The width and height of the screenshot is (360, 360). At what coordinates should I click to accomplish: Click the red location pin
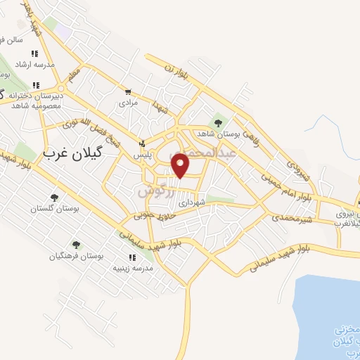(x=181, y=165)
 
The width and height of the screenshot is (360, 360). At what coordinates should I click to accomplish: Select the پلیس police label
(x=143, y=154)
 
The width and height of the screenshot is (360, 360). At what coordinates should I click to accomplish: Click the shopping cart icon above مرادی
(x=127, y=91)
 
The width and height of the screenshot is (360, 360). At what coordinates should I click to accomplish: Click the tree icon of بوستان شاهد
(x=217, y=122)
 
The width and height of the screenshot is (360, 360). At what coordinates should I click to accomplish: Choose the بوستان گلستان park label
(x=55, y=209)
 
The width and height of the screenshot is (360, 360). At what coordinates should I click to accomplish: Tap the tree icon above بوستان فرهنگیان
(x=76, y=245)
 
